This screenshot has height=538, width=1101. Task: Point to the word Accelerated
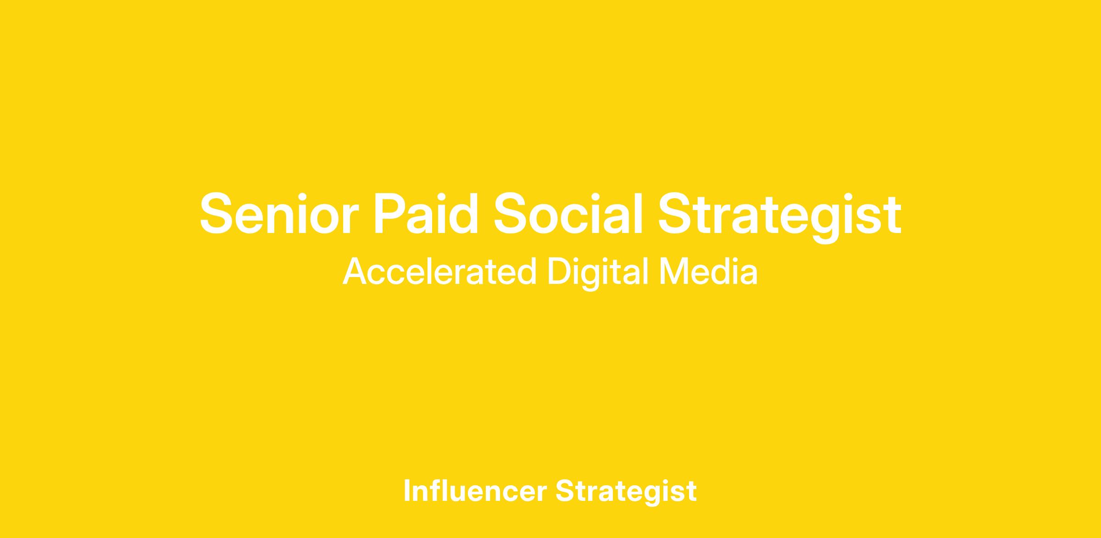point(439,272)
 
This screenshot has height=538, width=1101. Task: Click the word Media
point(708,272)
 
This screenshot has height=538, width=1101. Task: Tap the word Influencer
point(475,490)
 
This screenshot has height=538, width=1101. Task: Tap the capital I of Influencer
point(407,491)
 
